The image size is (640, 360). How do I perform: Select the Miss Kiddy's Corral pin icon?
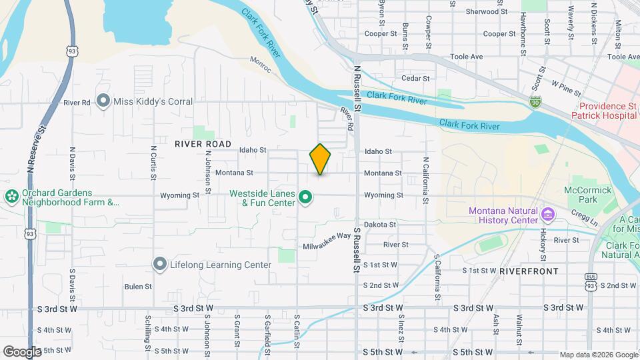click(103, 101)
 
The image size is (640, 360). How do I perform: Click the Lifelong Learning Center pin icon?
click(159, 265)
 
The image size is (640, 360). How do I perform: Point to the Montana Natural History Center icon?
click(548, 215)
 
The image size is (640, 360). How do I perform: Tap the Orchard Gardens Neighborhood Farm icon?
click(11, 197)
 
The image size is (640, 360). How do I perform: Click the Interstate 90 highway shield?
click(535, 101)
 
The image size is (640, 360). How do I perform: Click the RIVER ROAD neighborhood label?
click(203, 144)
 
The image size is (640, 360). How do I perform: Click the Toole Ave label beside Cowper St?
click(467, 57)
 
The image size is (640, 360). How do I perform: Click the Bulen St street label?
click(138, 287)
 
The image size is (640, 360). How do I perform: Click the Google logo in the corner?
click(22, 351)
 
